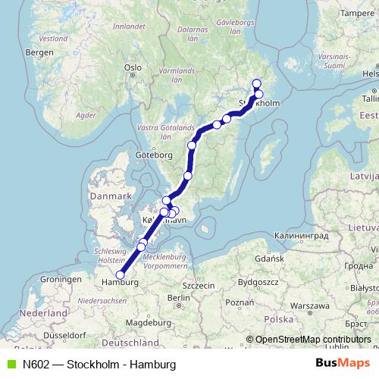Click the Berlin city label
pyautogui.click(x=179, y=298)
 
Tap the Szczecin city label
pyautogui.click(x=199, y=285)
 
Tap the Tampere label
pyautogui.click(x=358, y=13)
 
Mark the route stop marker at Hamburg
pyautogui.click(x=120, y=275)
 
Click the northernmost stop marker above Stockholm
pyautogui.click(x=256, y=84)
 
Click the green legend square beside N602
pyautogui.click(x=9, y=364)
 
